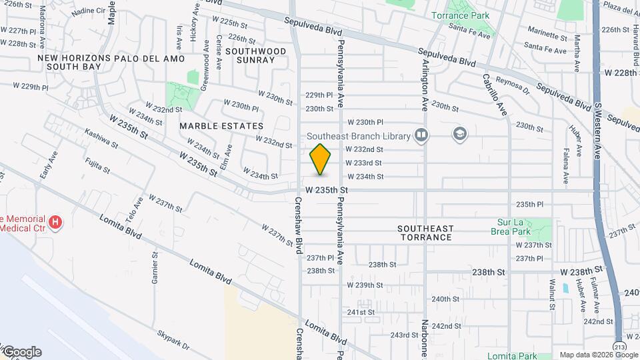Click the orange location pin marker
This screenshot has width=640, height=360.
pos(321,159)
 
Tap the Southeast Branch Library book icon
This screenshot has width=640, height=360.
pos(421,135)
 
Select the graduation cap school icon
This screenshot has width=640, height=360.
pos(459,135)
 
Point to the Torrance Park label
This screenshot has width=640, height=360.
pos(459,15)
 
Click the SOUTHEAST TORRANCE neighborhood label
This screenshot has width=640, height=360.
pos(425,232)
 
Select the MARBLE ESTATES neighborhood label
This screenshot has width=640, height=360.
pos(221,125)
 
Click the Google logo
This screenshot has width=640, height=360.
pos(21,352)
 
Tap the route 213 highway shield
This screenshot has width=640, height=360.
pos(620,347)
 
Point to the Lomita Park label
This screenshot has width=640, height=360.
pos(511,356)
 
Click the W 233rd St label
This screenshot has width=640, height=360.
pos(363,163)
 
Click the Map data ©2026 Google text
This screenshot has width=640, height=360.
pos(598,355)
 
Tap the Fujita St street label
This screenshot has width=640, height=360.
pos(97,165)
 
